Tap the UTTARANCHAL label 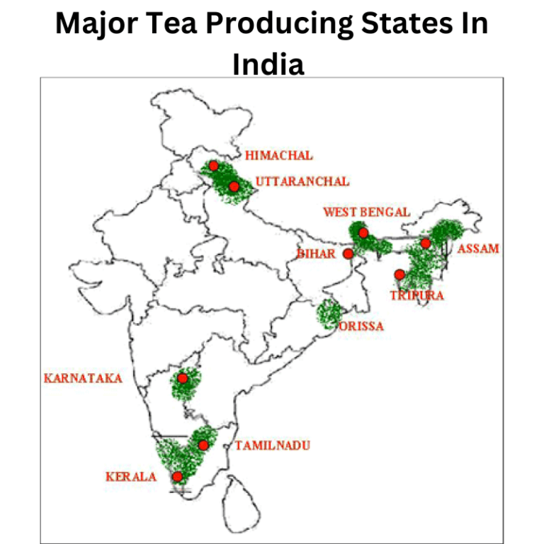tap(302, 181)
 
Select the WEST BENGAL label tap(366, 212)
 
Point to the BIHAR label tap(315, 254)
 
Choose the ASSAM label tap(478, 249)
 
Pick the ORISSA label tap(361, 327)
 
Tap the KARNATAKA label tap(83, 378)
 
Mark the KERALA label tap(131, 477)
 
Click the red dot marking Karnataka tap(183, 378)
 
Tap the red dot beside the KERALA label tap(177, 477)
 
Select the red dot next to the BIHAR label tap(348, 254)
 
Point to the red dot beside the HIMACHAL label tap(213, 166)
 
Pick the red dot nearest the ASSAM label tap(425, 243)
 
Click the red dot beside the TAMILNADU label tap(203, 445)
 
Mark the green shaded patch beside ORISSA tap(327, 312)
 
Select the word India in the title tap(268, 64)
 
